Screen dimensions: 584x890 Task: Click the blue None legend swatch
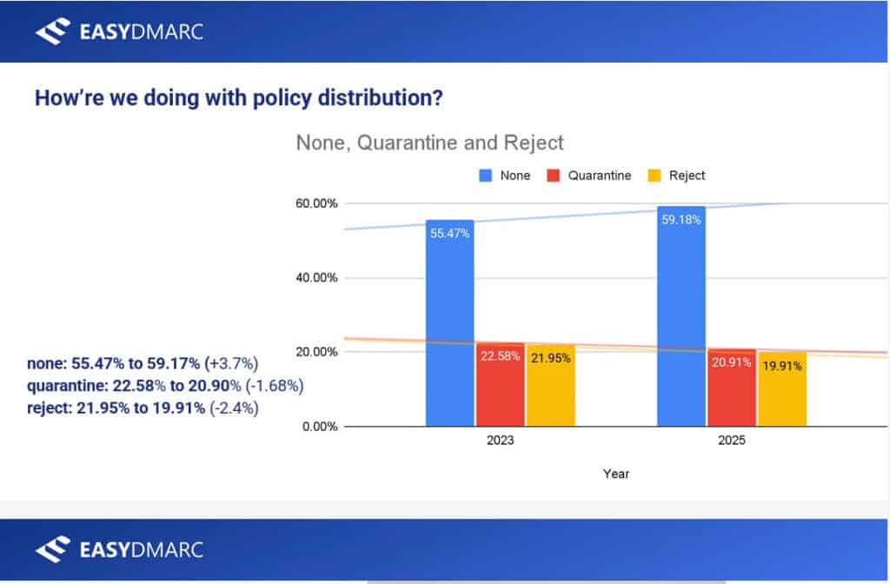[486, 176]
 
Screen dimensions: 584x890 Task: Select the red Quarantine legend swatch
[553, 176]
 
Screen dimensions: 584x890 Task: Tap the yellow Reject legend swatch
[654, 176]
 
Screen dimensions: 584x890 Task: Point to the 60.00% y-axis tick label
[315, 203]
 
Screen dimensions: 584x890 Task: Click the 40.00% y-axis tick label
[315, 278]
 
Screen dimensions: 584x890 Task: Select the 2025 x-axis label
[732, 441]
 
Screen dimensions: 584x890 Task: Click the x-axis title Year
[616, 474]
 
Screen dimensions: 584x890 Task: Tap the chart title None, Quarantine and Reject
[430, 143]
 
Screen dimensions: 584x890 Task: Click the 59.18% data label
[681, 220]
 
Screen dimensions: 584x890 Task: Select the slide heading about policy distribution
[238, 97]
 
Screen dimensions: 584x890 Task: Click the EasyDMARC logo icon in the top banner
[51, 32]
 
